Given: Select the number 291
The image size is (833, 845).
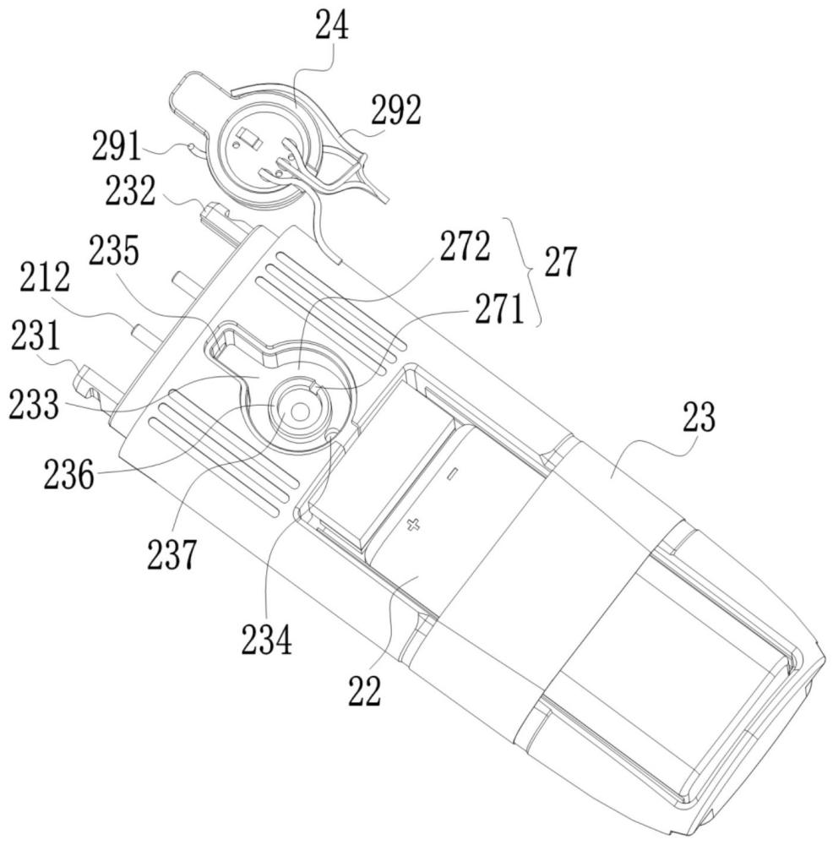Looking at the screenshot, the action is pyautogui.click(x=117, y=145).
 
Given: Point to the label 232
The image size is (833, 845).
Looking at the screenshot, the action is pyautogui.click(x=130, y=190).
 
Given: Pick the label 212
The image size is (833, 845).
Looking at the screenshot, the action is pyautogui.click(x=46, y=276).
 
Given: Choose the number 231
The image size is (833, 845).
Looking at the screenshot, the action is pyautogui.click(x=36, y=335).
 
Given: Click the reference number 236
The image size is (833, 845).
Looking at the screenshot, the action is pyautogui.click(x=69, y=474).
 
